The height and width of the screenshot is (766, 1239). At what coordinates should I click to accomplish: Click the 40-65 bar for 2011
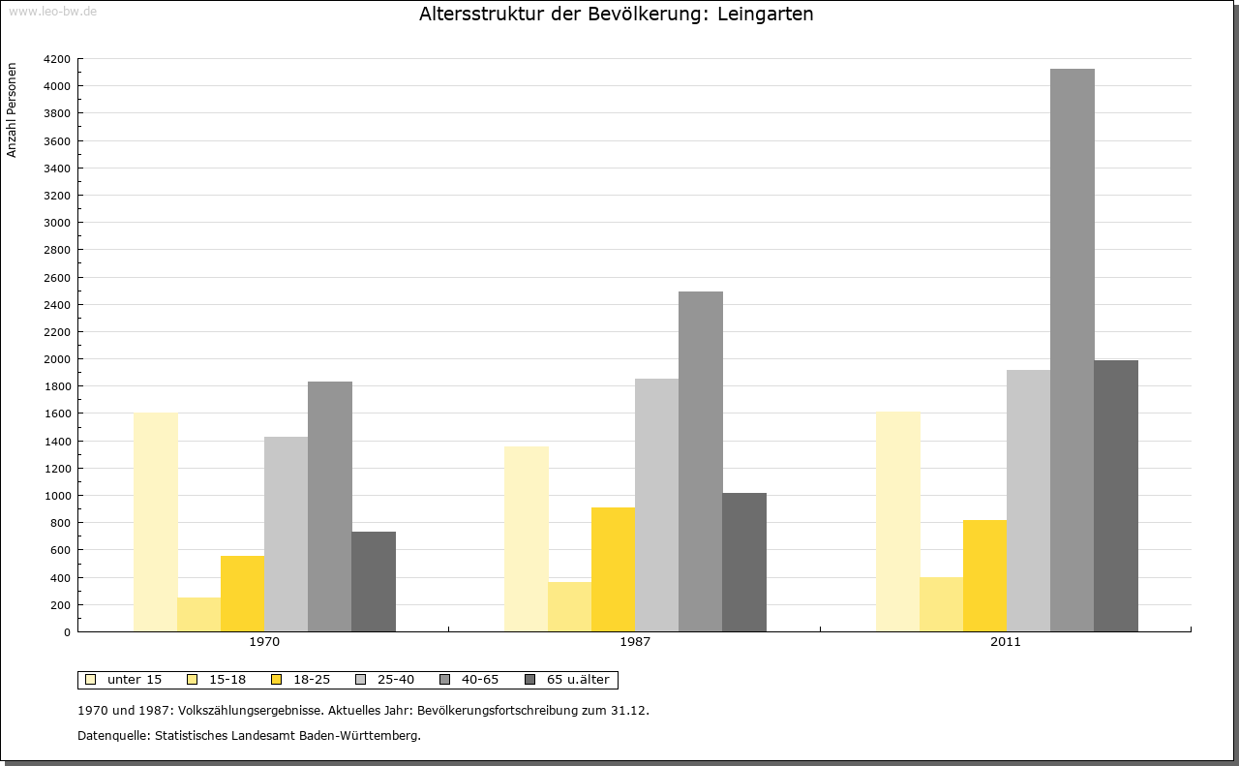(x=1072, y=350)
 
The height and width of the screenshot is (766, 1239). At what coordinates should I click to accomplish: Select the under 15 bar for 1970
(x=155, y=522)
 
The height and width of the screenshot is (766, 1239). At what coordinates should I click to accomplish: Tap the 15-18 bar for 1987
(x=569, y=606)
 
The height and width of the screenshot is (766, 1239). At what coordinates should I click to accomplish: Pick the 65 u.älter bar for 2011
(x=1115, y=496)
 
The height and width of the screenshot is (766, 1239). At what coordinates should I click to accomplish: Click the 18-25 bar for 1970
(x=242, y=594)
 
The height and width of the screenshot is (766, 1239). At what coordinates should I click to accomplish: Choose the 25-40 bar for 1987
(x=656, y=505)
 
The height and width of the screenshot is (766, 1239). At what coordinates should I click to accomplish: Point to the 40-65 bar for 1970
(x=329, y=506)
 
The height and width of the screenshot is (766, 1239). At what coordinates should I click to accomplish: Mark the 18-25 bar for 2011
(x=984, y=575)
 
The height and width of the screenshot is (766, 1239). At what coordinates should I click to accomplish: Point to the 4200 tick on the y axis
(x=57, y=59)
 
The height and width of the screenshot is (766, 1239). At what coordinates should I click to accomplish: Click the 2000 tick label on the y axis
(x=57, y=359)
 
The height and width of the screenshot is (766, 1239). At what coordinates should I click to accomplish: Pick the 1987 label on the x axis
(x=635, y=642)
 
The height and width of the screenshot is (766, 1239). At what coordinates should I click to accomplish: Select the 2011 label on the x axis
(x=1006, y=642)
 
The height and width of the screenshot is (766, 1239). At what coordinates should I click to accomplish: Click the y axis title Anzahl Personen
(x=13, y=110)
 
